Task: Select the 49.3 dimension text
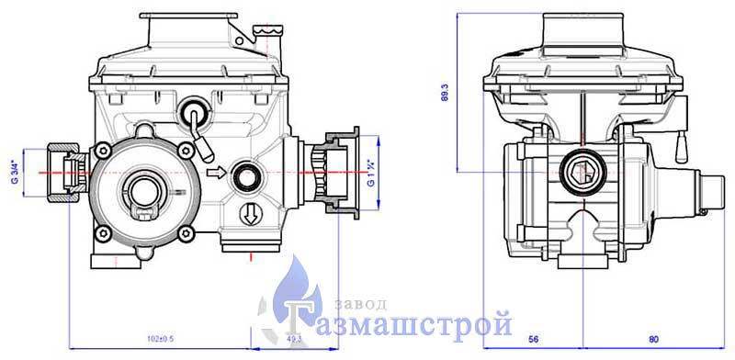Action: click(x=293, y=339)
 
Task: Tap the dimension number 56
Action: click(x=533, y=339)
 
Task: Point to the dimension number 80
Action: click(x=654, y=339)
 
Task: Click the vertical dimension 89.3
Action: click(x=446, y=93)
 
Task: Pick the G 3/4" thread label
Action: click(x=15, y=173)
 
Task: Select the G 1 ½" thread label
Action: click(x=370, y=174)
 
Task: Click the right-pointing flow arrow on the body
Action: click(x=216, y=173)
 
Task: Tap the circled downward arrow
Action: click(x=248, y=215)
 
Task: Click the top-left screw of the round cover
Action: click(x=102, y=151)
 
